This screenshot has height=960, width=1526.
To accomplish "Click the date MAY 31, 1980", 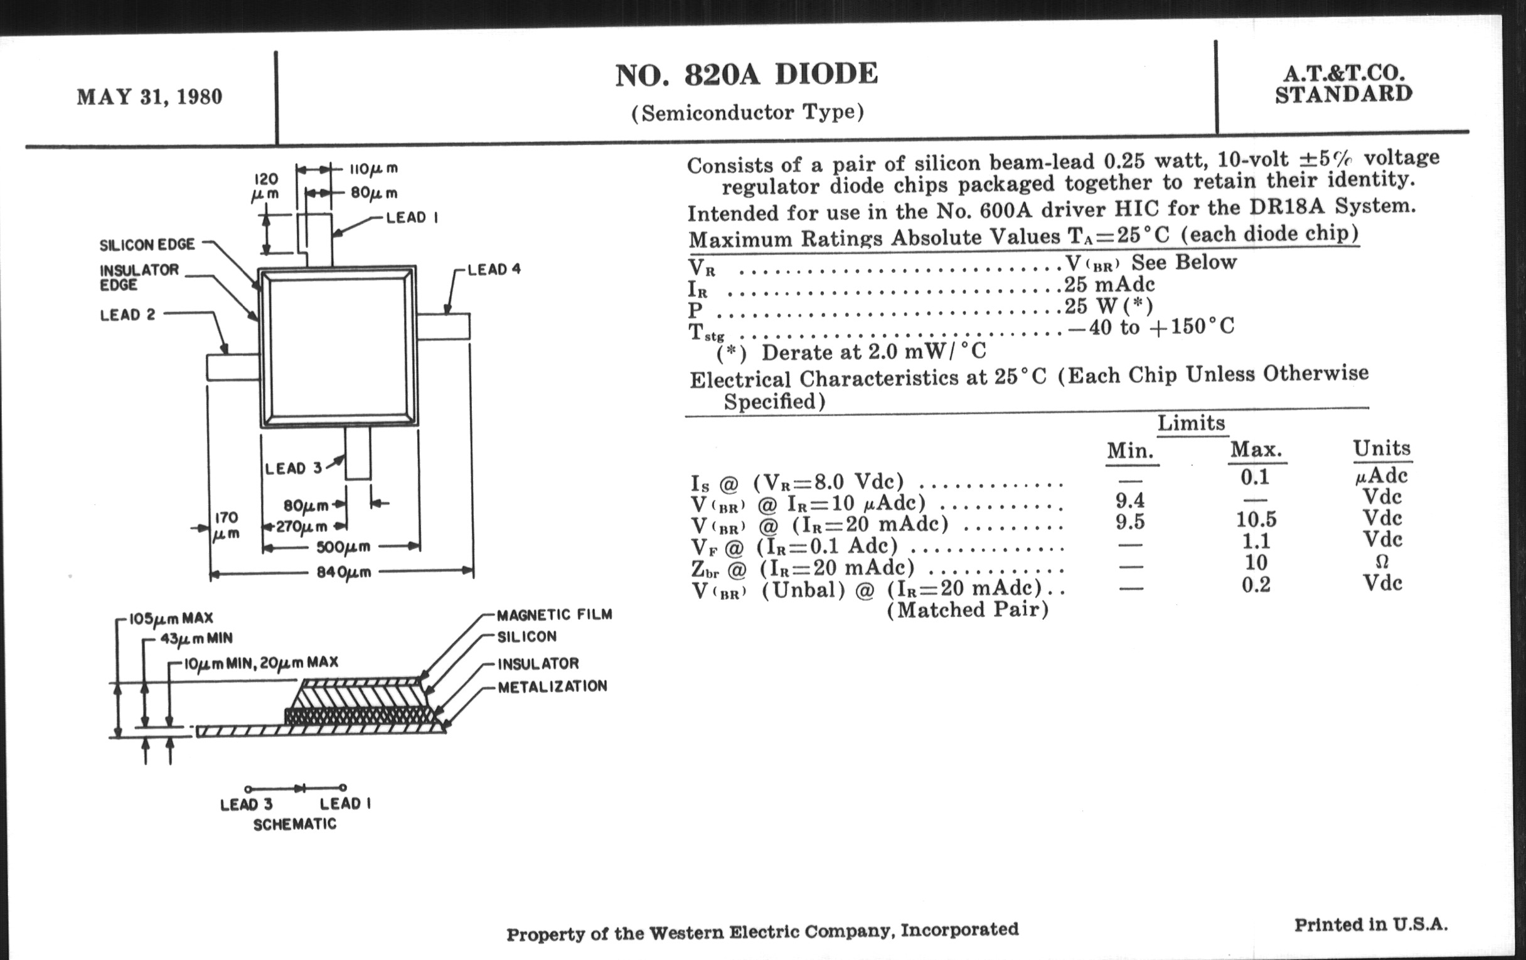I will (x=149, y=97).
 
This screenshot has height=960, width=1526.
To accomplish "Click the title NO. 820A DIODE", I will (x=747, y=75).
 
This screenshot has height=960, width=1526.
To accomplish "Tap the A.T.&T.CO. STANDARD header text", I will (x=1343, y=84).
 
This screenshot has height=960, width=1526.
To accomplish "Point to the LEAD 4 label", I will (x=494, y=269).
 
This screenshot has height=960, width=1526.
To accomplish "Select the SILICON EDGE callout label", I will (x=147, y=245).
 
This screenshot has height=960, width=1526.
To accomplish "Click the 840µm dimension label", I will (x=344, y=572).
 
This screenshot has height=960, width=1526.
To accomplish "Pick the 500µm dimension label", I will (x=344, y=547).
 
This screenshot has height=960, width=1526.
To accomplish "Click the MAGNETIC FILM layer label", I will (x=555, y=615).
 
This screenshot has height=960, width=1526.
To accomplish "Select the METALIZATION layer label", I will (x=552, y=687).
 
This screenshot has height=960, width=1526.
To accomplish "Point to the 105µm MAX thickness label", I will (x=171, y=618).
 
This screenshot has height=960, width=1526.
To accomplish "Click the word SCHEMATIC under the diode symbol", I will (x=295, y=824).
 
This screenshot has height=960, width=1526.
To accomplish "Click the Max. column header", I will (x=1256, y=450).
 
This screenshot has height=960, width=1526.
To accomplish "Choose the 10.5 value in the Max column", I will (x=1256, y=520).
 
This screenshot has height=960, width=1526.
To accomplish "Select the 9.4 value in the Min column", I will (x=1130, y=501).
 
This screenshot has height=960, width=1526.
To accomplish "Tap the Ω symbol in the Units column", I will (x=1382, y=562).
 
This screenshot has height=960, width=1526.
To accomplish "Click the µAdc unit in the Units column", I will (x=1382, y=475).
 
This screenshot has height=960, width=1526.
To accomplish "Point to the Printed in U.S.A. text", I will (x=1371, y=925).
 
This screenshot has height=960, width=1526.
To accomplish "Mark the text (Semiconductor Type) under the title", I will (x=747, y=113).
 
